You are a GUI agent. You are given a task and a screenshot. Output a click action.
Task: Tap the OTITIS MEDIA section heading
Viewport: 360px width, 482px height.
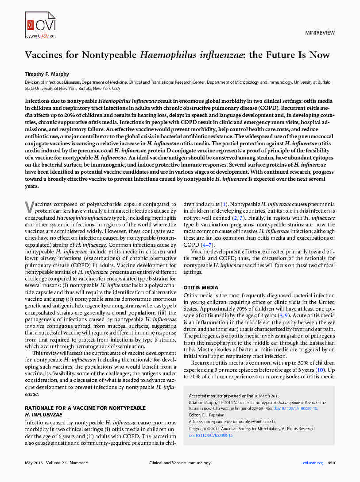pos(201,288)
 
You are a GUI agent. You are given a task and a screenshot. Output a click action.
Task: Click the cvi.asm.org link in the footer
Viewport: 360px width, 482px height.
pos(313,463)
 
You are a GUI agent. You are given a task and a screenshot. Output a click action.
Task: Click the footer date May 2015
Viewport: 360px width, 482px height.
pos(33,463)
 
